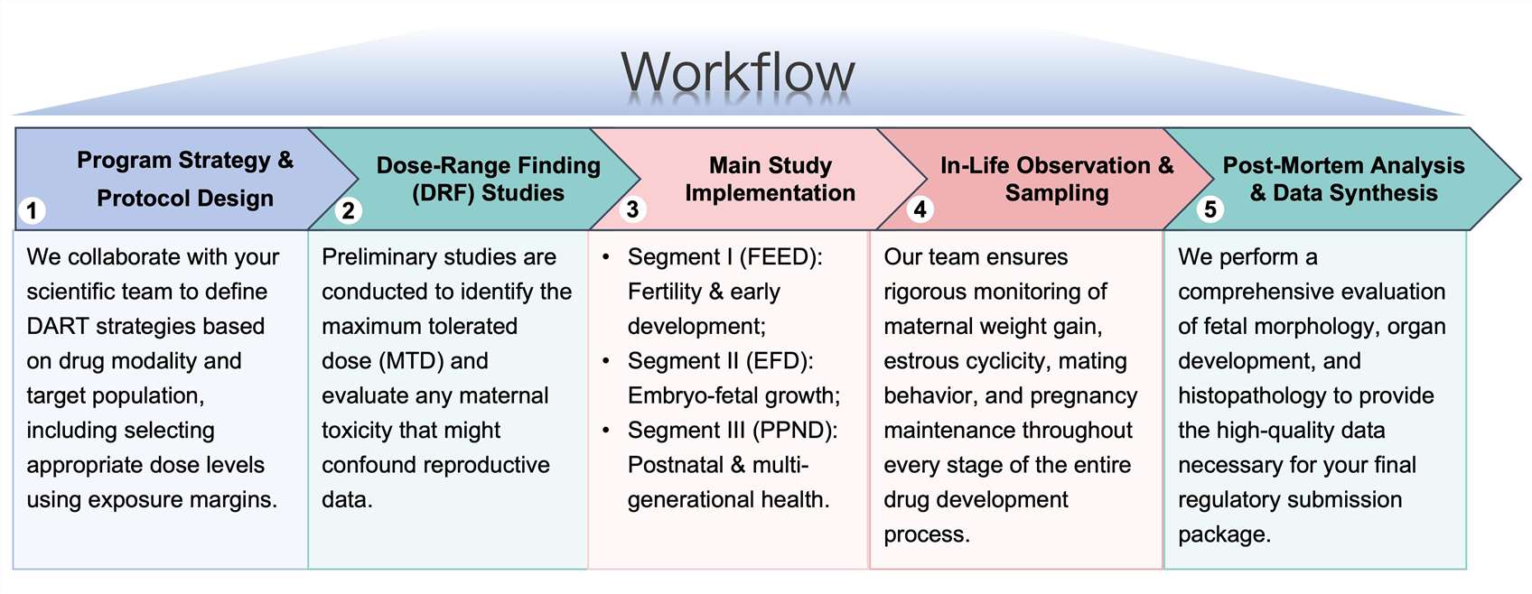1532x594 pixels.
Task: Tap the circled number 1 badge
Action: [32, 211]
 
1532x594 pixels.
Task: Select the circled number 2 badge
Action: [348, 211]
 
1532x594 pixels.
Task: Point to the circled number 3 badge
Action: [632, 209]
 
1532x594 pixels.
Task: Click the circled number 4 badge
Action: [920, 209]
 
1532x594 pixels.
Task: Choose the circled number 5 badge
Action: [1210, 209]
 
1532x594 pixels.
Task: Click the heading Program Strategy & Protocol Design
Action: [185, 179]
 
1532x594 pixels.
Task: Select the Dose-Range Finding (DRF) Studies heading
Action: [488, 179]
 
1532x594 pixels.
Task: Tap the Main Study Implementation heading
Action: [770, 179]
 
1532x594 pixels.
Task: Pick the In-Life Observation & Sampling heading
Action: [1056, 179]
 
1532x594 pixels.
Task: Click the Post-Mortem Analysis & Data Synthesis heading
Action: [1343, 179]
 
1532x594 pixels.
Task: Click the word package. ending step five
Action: [1224, 534]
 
